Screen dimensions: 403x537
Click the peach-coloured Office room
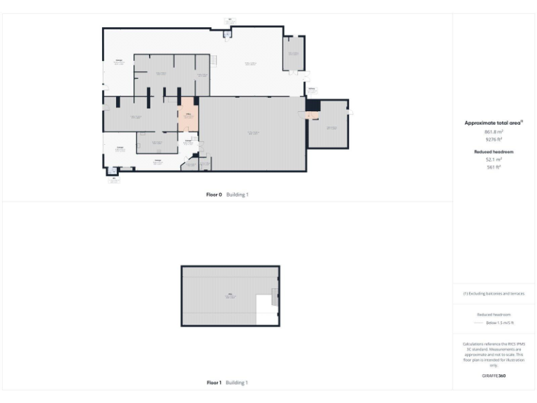pyautogui.click(x=187, y=118)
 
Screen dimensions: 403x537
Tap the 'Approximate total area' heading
pyautogui.click(x=494, y=123)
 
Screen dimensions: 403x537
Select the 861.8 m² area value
pyautogui.click(x=494, y=132)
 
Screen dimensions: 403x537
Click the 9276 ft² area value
pyautogui.click(x=494, y=139)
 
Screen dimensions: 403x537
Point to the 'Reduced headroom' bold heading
pyautogui.click(x=494, y=151)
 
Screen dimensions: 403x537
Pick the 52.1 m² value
pyautogui.click(x=494, y=160)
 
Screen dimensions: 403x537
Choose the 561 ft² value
pyautogui.click(x=494, y=167)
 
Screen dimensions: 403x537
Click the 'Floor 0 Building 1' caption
pyautogui.click(x=227, y=195)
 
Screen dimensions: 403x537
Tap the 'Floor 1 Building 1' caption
pyautogui.click(x=227, y=383)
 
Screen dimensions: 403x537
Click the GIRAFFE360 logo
pyautogui.click(x=494, y=376)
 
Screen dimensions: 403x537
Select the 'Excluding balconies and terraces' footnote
pyautogui.click(x=494, y=293)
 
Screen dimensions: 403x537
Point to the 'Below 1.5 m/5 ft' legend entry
pyautogui.click(x=494, y=323)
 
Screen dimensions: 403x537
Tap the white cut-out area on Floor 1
pyautogui.click(x=266, y=309)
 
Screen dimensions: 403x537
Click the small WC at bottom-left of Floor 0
pyautogui.click(x=113, y=170)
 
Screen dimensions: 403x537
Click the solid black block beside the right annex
pyautogui.click(x=312, y=105)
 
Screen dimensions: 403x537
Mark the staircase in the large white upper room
pyautogui.click(x=215, y=62)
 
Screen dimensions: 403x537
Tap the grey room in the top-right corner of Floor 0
pyautogui.click(x=293, y=53)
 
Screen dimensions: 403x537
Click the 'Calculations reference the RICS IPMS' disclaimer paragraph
pyautogui.click(x=494, y=354)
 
